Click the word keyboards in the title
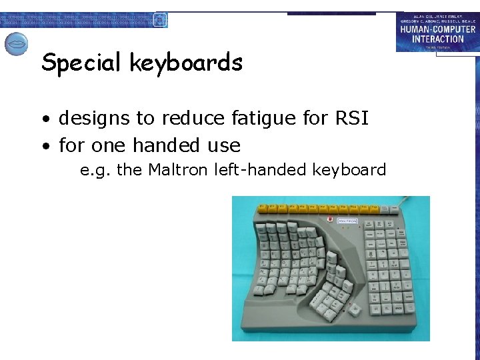click(x=186, y=63)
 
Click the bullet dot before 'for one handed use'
click(x=48, y=146)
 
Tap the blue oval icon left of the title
click(x=16, y=45)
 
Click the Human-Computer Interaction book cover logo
click(x=437, y=32)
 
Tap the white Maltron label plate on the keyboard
click(x=347, y=221)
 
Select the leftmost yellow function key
click(x=263, y=208)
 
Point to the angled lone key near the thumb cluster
click(x=355, y=309)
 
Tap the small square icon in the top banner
click(x=159, y=19)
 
